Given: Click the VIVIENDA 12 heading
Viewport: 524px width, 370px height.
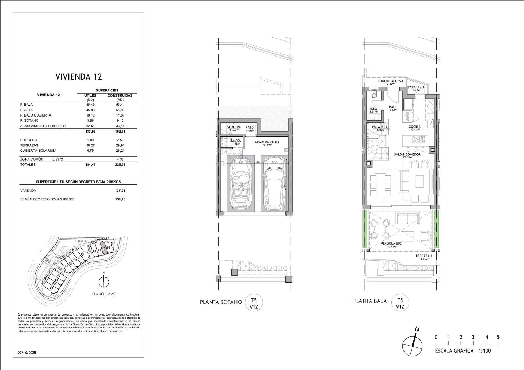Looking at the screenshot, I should [78, 77].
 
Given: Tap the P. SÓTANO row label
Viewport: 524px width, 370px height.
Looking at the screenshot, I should [29, 120].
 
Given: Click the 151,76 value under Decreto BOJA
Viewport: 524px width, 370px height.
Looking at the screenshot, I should [120, 199].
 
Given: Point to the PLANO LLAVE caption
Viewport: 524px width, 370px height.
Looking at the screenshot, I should [103, 294].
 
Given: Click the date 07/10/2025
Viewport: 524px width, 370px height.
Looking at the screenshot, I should [27, 353].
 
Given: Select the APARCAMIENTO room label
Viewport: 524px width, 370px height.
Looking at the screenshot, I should [267, 142].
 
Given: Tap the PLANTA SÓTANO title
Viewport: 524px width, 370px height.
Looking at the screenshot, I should [221, 302].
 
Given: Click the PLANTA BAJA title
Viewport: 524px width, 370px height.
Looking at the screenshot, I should [370, 301].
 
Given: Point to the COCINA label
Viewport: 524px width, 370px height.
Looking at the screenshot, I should [414, 127].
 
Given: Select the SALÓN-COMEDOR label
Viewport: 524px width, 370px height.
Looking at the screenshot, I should [407, 154].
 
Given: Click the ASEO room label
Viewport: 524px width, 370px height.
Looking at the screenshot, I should [373, 109].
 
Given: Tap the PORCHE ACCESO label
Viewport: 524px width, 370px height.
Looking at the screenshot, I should [390, 81].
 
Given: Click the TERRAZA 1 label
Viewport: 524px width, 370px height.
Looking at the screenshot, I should [423, 256].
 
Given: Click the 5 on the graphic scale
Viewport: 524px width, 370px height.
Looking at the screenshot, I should [498, 337].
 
